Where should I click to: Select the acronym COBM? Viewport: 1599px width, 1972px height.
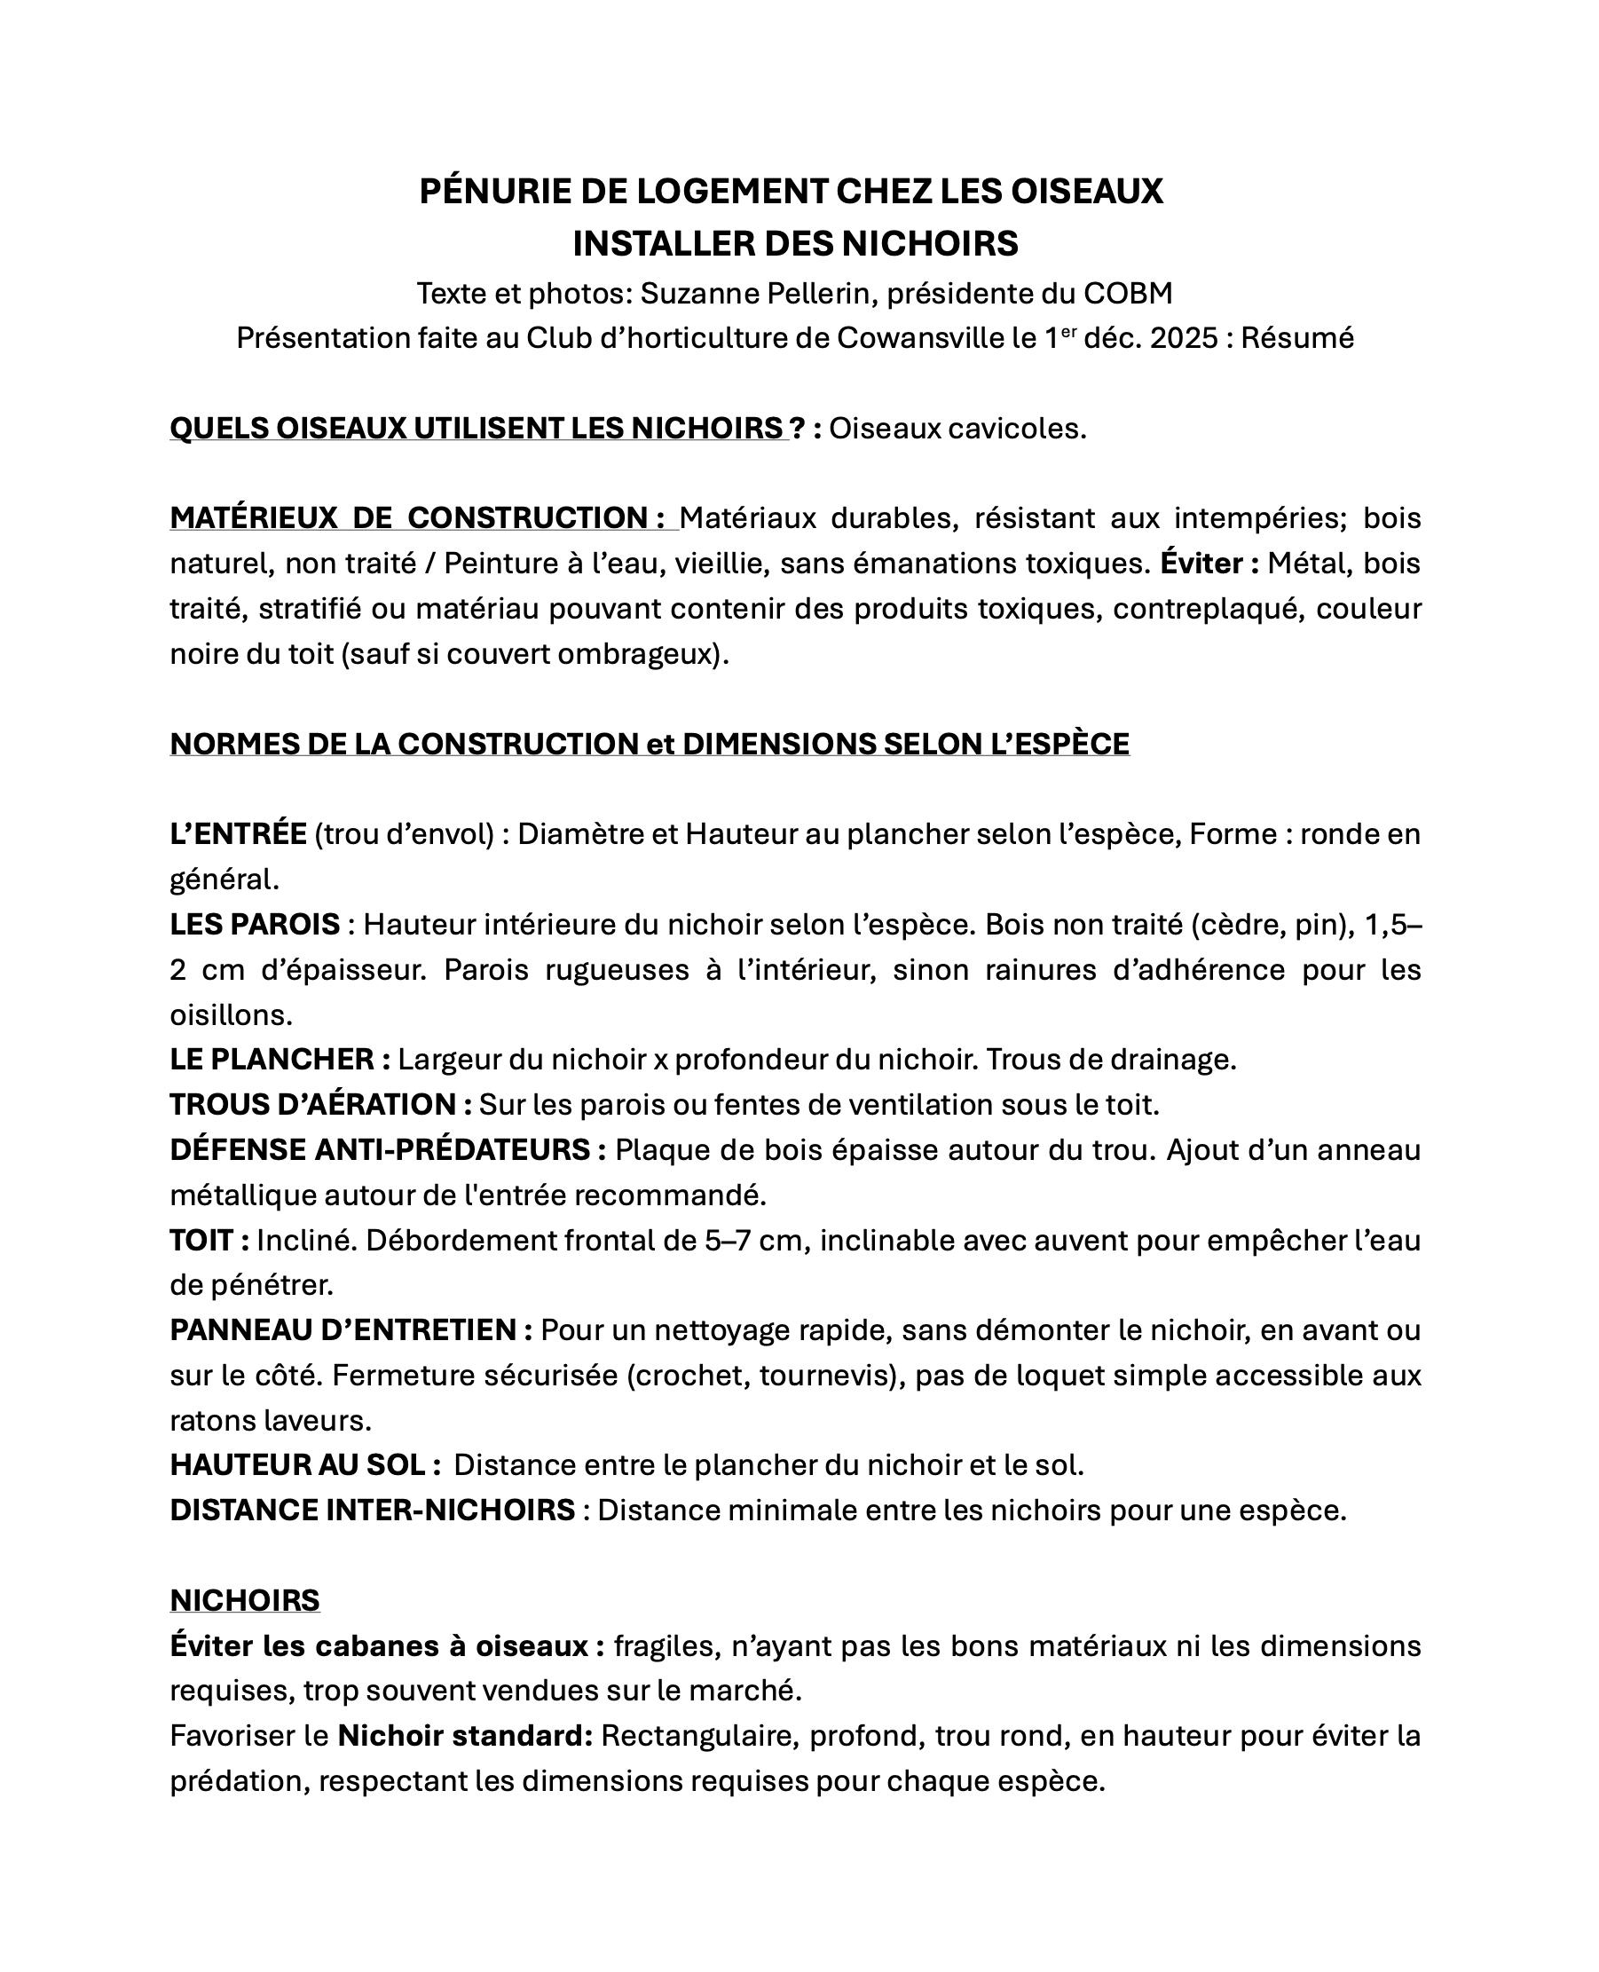[1128, 294]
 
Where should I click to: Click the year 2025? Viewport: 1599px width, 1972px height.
[1184, 339]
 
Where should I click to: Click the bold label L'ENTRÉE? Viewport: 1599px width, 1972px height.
[238, 834]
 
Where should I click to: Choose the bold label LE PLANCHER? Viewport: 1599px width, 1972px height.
[272, 1061]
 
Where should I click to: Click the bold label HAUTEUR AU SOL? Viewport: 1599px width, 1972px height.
[296, 1465]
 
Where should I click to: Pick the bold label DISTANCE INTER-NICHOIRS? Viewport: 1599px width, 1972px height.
[372, 1511]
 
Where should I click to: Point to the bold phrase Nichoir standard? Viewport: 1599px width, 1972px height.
[464, 1736]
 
